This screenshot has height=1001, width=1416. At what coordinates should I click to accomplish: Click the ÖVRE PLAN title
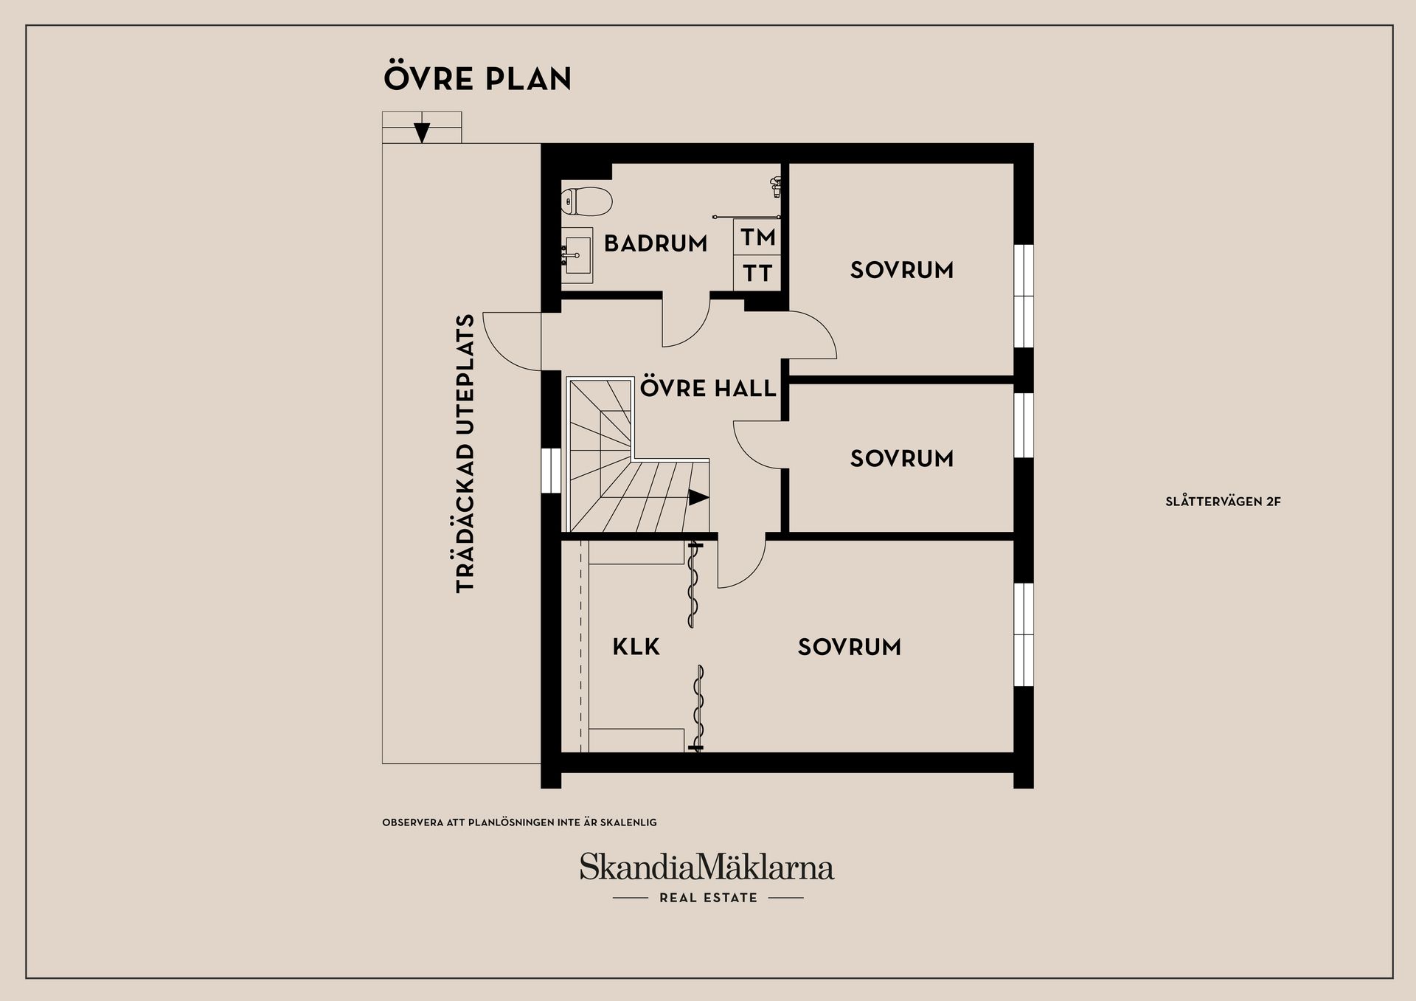(477, 78)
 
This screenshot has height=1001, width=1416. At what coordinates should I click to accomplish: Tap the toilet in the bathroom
(587, 201)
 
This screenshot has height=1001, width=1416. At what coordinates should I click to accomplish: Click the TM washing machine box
(757, 238)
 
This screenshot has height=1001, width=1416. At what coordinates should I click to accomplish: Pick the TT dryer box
(757, 273)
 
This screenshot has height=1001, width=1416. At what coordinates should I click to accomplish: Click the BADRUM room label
(656, 243)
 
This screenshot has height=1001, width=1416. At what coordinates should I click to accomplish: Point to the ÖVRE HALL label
(708, 388)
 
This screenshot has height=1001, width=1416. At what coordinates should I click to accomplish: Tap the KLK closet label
(636, 647)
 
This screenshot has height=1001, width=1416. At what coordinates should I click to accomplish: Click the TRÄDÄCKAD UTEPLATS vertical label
(465, 454)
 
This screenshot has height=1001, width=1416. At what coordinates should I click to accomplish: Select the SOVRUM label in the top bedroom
(902, 270)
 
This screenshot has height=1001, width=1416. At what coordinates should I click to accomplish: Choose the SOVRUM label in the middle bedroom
(902, 459)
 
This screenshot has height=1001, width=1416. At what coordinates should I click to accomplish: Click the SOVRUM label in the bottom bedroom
(850, 647)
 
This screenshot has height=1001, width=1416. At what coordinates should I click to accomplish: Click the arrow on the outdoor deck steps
(422, 132)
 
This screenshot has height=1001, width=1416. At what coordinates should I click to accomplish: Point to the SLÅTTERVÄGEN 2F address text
(1223, 502)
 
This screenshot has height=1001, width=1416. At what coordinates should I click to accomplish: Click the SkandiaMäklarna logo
(707, 867)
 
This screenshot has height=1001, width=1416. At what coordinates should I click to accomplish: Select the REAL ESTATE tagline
(708, 898)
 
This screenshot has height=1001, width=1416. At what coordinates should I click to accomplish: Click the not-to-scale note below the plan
(519, 822)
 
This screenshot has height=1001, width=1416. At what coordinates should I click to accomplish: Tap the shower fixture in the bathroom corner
(775, 186)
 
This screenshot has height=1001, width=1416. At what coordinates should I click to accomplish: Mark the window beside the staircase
(551, 470)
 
